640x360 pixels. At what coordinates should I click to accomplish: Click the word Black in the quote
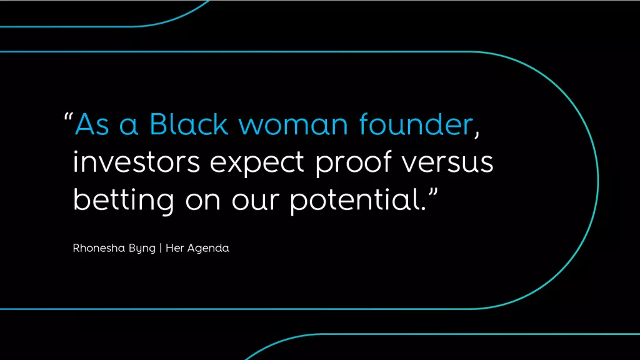coord(189,124)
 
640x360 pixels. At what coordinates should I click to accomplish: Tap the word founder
coord(416,124)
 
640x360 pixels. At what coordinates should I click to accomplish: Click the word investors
coord(136,162)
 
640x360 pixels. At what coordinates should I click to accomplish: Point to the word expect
coord(257,163)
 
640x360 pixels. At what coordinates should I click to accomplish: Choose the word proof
coord(354,162)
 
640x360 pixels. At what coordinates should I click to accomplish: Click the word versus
coord(447,162)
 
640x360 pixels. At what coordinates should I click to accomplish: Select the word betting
coord(124,200)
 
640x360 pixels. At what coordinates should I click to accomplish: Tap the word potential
coord(355,200)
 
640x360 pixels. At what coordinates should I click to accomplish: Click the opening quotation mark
coord(68,116)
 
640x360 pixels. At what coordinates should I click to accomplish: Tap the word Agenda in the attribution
coord(208,249)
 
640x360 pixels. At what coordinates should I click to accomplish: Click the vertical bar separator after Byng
coord(161,248)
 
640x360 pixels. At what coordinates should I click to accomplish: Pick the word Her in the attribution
coord(175,247)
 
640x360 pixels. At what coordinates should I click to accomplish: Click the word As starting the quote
coord(92,124)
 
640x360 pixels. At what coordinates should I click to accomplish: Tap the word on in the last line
coord(203,201)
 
